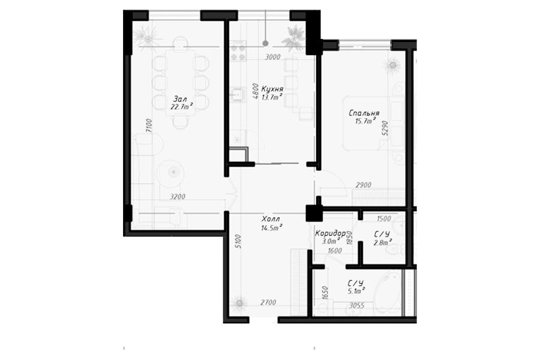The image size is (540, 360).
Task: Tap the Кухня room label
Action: pos(272,89)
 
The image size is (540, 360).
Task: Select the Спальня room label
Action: pos(364,113)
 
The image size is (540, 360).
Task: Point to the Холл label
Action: pos(271,219)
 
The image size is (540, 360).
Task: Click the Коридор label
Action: pos(330,233)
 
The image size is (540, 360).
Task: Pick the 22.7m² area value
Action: pos(181,106)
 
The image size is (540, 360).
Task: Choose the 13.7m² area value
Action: pos(272,97)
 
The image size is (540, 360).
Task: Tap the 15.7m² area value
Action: pos(365,121)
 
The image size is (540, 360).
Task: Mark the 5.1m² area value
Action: pos(356,291)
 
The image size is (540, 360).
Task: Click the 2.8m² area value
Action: pos(383,242)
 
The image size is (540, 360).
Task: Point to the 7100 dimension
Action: pos(148,126)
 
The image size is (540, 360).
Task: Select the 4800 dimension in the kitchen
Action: pos(255,91)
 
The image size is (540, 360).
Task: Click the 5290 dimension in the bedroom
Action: pos(385,128)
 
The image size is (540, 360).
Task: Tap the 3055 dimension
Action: pos(357,305)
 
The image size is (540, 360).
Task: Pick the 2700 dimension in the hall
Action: pos(268,303)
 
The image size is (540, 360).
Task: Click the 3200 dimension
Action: pos(178,197)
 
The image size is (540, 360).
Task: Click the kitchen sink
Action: pos(237,94)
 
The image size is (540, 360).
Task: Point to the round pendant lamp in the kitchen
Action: pos(265,43)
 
